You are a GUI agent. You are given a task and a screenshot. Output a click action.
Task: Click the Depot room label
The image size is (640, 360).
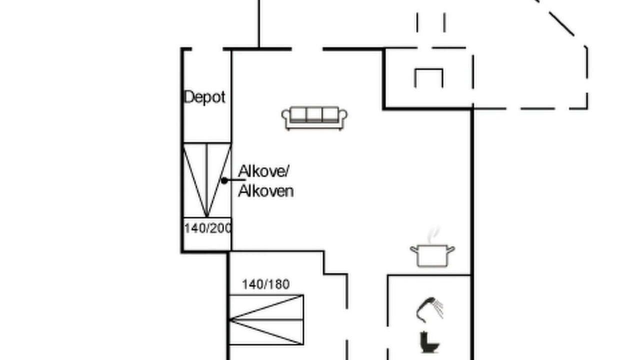[x=204, y=97]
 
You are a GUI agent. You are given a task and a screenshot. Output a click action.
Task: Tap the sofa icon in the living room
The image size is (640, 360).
[x=314, y=118]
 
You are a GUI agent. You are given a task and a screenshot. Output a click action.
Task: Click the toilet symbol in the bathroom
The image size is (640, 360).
[x=429, y=342]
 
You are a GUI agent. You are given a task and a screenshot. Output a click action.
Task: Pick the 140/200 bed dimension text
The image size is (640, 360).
[x=207, y=228]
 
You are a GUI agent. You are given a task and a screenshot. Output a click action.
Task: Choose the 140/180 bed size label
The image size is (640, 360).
[x=266, y=284]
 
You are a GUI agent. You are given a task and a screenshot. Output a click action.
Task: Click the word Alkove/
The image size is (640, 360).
[x=263, y=171]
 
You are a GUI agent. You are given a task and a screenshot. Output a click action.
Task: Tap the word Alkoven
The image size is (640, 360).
[x=266, y=191]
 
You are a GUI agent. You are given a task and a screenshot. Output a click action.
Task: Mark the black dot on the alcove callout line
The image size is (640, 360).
[x=224, y=180]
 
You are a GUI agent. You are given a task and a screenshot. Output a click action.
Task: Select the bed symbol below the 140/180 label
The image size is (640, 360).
[x=266, y=319]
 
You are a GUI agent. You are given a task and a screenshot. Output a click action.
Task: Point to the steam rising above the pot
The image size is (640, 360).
[x=433, y=235]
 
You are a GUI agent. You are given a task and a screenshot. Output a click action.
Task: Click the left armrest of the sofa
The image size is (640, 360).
[x=285, y=117]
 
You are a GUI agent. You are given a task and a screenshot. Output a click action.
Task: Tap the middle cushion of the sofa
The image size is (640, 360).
[x=314, y=115]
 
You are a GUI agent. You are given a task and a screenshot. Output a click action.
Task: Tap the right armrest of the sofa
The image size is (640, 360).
[x=343, y=117]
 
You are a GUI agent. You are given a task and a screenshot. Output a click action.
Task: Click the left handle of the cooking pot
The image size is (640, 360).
[x=414, y=249]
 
